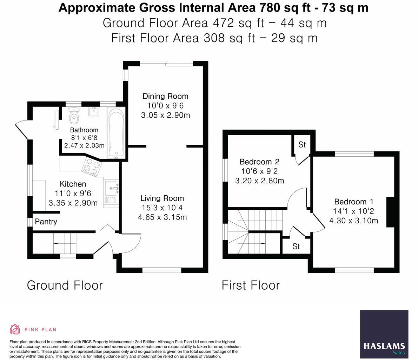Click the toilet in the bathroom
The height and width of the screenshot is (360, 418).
click(74, 117)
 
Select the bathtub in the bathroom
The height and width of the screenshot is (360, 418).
click(115, 132)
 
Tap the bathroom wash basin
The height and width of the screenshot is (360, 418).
click(94, 112)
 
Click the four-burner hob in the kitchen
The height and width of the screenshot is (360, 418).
click(92, 167)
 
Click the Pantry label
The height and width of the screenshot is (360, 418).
click(46, 222)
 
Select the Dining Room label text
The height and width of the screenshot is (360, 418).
click(165, 96)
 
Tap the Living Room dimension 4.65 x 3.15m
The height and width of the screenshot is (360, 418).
click(162, 217)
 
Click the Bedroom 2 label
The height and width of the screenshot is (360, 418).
click(259, 162)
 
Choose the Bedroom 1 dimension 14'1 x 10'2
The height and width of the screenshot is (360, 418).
click(353, 211)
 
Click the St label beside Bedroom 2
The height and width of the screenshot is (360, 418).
click(302, 144)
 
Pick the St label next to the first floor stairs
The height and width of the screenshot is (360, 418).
click(296, 247)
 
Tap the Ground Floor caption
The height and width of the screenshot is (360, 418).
click(65, 285)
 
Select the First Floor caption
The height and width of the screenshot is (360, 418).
click(251, 285)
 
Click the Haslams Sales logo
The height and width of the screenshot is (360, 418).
click(384, 334)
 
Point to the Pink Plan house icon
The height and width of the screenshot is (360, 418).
click(15, 329)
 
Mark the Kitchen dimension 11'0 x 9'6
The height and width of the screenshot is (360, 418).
click(73, 194)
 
